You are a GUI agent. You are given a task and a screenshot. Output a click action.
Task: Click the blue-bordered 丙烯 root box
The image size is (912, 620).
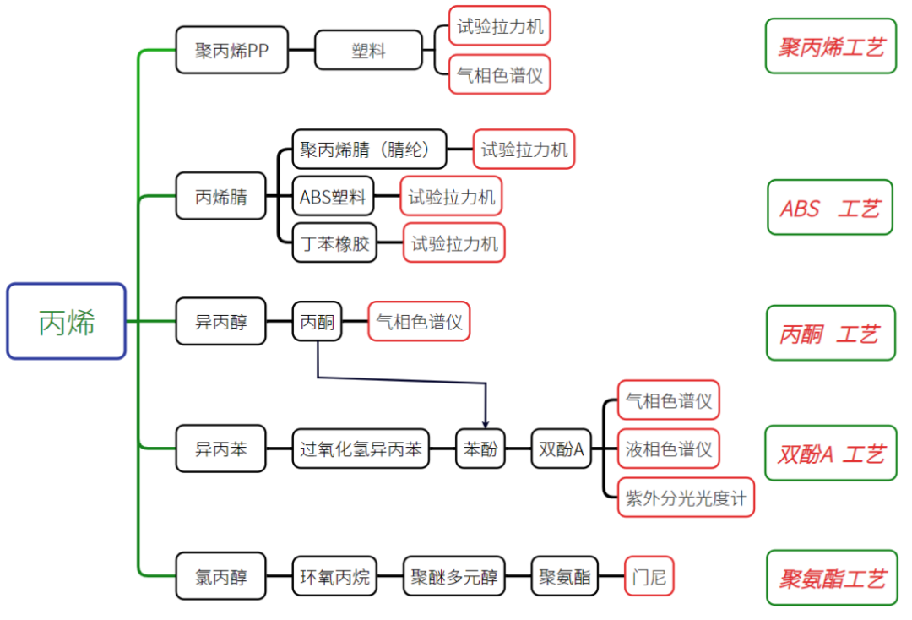(67, 321)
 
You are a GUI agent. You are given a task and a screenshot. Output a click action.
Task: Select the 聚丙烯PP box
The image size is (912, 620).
(231, 50)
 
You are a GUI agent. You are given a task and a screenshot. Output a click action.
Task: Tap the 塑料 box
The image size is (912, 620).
(368, 50)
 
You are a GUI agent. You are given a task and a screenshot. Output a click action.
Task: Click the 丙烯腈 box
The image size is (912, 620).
(221, 196)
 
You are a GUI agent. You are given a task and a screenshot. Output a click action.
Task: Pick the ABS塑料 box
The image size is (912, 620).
(333, 197)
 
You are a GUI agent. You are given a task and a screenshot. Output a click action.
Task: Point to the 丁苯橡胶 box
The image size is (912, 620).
(334, 243)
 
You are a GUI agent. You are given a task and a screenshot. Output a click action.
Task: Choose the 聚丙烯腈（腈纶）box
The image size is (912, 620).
(369, 150)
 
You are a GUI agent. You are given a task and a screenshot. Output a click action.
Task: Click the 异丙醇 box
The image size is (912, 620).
(221, 321)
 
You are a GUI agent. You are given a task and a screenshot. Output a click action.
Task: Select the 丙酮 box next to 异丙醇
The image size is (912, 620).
(317, 321)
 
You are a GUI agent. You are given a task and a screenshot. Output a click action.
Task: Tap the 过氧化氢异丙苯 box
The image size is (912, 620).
(361, 449)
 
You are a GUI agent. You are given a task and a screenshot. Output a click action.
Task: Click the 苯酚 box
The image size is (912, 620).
(480, 449)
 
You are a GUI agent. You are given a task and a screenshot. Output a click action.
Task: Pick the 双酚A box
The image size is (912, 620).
(562, 449)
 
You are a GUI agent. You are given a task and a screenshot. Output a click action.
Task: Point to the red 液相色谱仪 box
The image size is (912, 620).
(668, 449)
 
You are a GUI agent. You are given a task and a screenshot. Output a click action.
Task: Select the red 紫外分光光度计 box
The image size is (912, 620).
(686, 498)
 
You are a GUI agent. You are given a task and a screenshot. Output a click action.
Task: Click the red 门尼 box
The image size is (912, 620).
(649, 576)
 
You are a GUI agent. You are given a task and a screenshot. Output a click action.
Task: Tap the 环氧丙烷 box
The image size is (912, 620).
(334, 576)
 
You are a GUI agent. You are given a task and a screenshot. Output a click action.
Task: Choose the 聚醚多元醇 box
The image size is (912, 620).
(453, 576)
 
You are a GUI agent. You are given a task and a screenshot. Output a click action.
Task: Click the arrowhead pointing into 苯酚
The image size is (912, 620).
(485, 425)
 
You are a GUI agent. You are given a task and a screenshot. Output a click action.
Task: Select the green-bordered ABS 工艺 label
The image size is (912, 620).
(830, 207)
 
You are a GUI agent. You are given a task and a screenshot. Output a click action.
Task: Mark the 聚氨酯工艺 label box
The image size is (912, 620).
(832, 578)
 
